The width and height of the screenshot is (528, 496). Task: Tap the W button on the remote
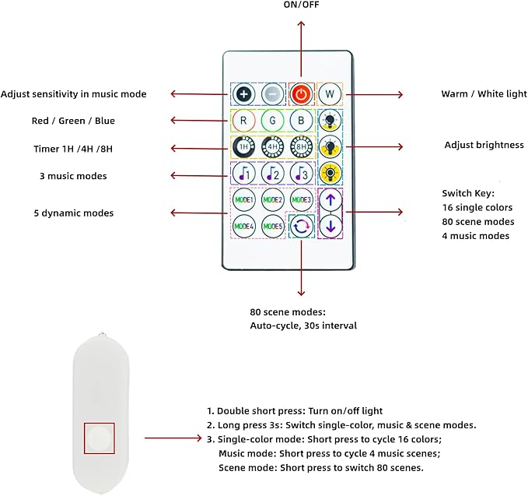330,94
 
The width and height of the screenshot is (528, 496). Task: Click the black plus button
244,94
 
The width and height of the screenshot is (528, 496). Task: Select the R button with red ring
243,121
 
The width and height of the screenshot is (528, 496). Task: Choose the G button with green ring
272,121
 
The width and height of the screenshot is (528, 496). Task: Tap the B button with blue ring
301,121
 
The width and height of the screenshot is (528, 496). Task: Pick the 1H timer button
243,147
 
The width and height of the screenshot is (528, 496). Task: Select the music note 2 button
272,174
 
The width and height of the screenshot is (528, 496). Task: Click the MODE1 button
244,200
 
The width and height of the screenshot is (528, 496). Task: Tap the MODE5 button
273,227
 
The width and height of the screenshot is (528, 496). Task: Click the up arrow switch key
330,200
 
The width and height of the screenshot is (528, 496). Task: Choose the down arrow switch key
330,227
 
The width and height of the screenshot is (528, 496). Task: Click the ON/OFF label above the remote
301,5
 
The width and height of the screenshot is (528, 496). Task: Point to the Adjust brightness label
484,145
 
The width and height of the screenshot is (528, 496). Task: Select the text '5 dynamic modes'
74,213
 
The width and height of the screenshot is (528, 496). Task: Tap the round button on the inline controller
100,438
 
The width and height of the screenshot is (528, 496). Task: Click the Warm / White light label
484,93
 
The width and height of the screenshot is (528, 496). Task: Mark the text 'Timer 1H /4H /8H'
73,149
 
